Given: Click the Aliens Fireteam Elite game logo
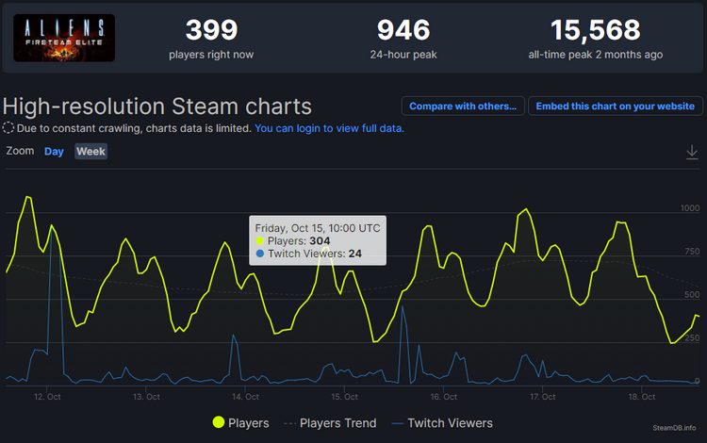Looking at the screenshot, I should pyautogui.click(x=65, y=38).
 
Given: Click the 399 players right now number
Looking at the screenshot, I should pyautogui.click(x=211, y=30).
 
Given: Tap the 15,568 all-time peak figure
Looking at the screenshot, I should pyautogui.click(x=595, y=30).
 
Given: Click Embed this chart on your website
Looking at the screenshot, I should pyautogui.click(x=616, y=107).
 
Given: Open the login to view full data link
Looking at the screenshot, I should pyautogui.click(x=329, y=128).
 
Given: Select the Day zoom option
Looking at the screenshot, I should pyautogui.click(x=54, y=152).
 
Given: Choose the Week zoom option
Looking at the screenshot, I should pyautogui.click(x=91, y=152).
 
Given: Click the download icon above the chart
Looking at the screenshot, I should pyautogui.click(x=692, y=152).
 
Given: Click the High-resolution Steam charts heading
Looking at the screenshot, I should pyautogui.click(x=157, y=106).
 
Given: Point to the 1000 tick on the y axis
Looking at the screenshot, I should pyautogui.click(x=690, y=208).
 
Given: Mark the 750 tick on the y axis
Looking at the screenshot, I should pyautogui.click(x=692, y=252).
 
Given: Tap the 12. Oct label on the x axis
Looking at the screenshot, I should pyautogui.click(x=48, y=397).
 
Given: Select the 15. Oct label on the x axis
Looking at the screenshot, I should pyautogui.click(x=344, y=397).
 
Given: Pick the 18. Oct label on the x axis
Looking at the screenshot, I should pyautogui.click(x=641, y=397).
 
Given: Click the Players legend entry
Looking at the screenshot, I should pyautogui.click(x=241, y=423).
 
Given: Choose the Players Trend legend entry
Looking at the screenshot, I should pyautogui.click(x=330, y=423).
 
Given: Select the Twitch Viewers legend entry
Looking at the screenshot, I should pyautogui.click(x=442, y=423).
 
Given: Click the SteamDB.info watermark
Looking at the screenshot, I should pyautogui.click(x=675, y=427).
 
